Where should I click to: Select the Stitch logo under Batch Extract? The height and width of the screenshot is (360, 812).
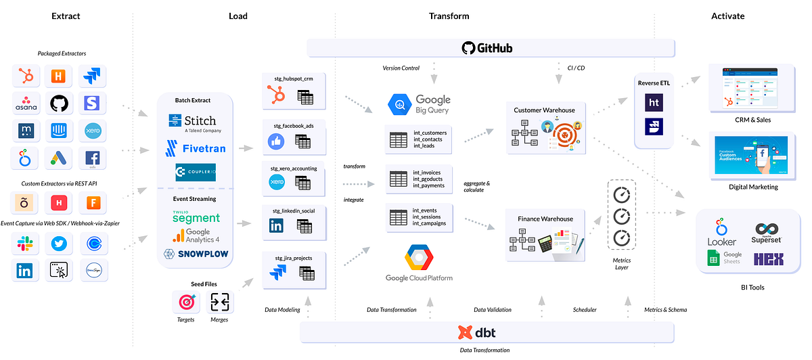point(192,122)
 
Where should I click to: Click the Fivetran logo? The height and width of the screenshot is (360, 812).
point(195,147)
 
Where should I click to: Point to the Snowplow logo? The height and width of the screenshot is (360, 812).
point(195,254)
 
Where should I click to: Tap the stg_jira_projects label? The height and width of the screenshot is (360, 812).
point(294,257)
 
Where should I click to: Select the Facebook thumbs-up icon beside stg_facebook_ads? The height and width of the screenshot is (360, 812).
point(276,141)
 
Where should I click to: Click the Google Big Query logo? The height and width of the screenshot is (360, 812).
point(418,104)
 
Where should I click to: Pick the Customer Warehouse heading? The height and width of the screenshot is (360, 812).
point(545,110)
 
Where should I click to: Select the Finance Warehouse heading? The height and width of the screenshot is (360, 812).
point(545,219)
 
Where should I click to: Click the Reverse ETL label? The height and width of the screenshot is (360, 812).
point(654,83)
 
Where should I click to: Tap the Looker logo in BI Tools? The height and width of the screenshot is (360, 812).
point(721,232)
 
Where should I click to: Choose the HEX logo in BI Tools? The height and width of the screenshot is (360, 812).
point(768,258)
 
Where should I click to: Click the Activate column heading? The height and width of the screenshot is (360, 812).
point(727,16)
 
